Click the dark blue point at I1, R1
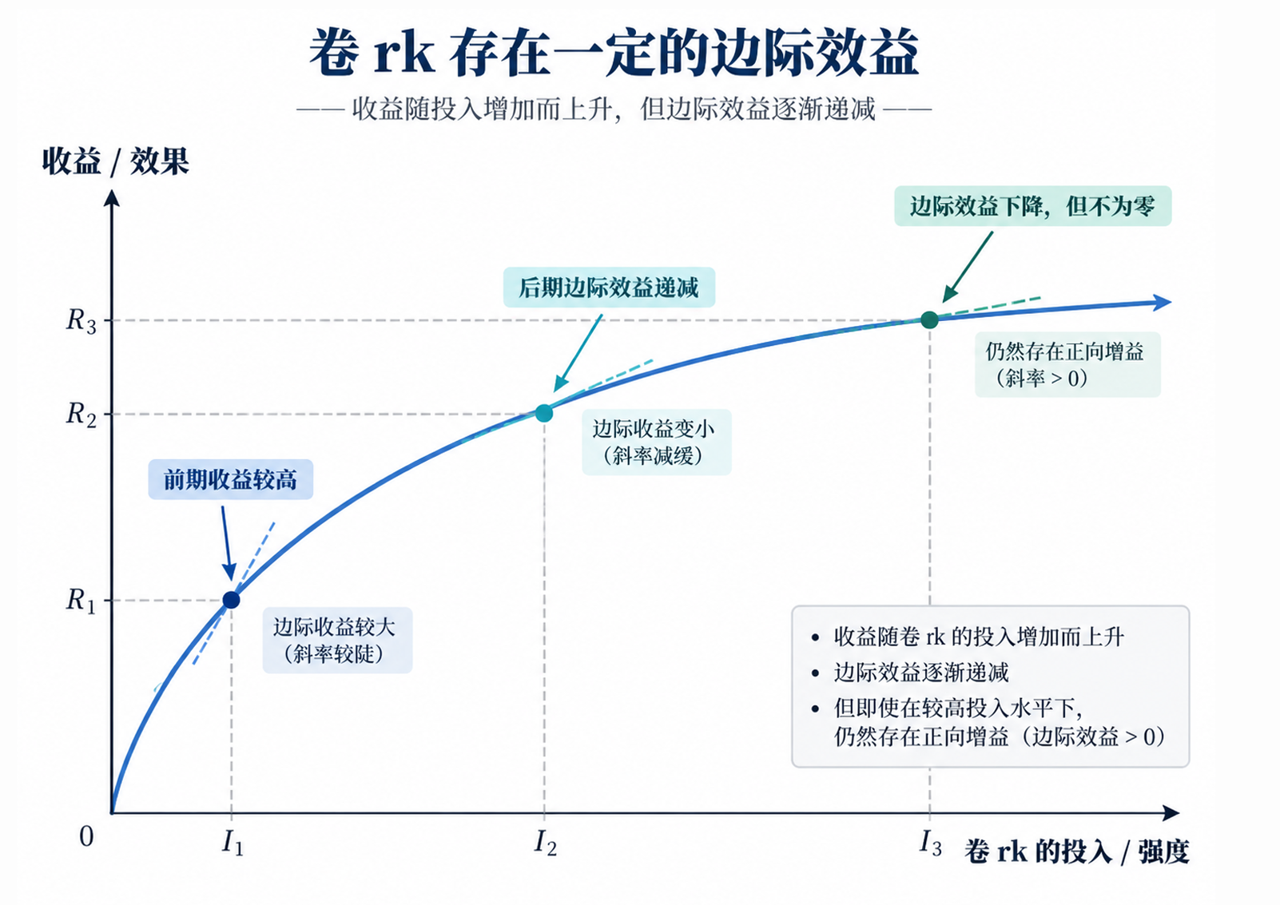pos(232,600)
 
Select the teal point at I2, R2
pos(544,412)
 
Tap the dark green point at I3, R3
pos(930,320)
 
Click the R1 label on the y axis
pos(81,601)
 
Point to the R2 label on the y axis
pos(81,415)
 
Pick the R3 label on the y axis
pos(81,320)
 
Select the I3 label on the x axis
pos(931,843)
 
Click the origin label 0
pos(86,837)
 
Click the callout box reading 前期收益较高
pos(231,479)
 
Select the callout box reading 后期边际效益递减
pos(609,288)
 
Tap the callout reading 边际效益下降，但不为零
pos(1033,206)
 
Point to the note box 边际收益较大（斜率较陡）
pos(338,640)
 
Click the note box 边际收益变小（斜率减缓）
pos(657,442)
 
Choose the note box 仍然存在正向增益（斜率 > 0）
pos(1068,364)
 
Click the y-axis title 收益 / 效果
pos(115,161)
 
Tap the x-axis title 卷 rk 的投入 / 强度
pos(1077,851)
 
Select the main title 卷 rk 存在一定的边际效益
pos(614,53)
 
